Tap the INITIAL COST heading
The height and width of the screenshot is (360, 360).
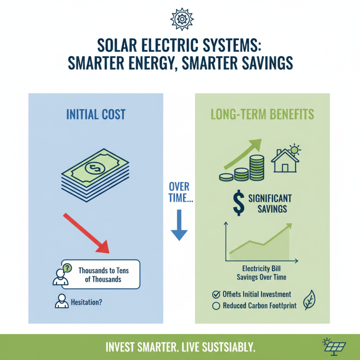point(96,114)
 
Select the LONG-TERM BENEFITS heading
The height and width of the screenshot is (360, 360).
point(262,114)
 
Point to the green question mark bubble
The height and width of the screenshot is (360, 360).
point(67,268)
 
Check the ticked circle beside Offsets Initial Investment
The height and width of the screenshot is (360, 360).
point(216,295)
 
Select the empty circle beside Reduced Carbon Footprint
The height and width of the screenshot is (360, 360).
point(216,306)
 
